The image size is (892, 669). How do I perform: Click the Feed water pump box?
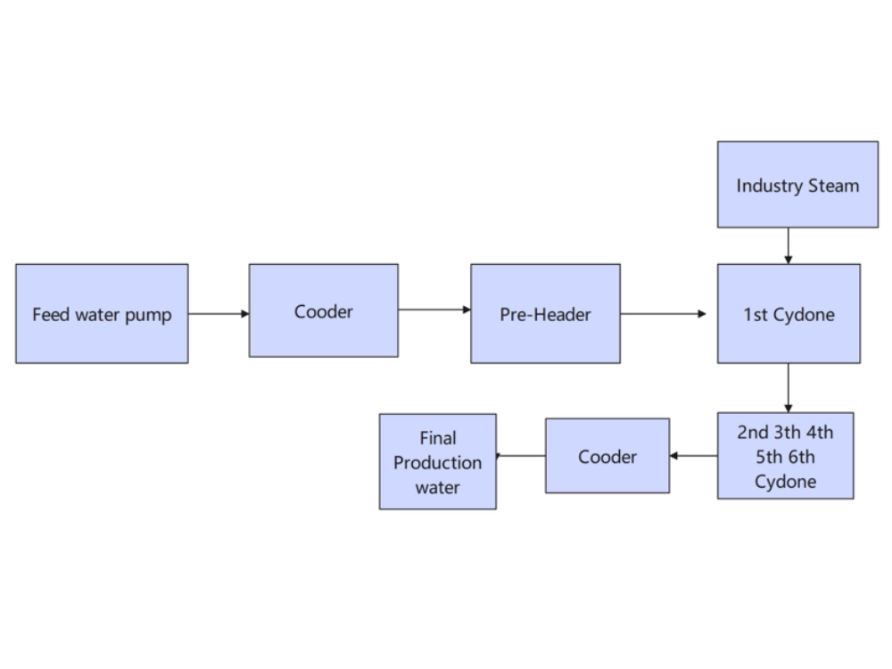coord(102,313)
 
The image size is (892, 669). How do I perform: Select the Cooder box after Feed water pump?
coord(323,310)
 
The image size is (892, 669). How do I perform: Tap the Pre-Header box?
coord(545,313)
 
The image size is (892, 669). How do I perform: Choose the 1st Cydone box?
coord(789,313)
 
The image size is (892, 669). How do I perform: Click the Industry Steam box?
coord(797,185)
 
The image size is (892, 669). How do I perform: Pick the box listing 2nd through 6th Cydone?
coord(785,456)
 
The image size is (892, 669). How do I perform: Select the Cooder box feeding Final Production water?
coord(607,456)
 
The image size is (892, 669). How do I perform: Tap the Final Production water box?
coord(437,461)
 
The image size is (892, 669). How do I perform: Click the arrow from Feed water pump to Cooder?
coord(219,313)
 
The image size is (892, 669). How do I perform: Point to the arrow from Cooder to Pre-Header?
coord(434,310)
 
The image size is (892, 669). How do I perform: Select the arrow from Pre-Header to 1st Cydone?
coord(664,313)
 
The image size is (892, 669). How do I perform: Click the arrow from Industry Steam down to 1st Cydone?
coord(788,245)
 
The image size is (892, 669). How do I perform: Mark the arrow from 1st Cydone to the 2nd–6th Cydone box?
coord(788,387)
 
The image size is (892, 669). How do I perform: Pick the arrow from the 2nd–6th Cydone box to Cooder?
coord(693,456)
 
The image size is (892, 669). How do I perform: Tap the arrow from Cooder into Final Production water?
coord(521,456)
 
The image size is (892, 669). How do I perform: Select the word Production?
coord(437,463)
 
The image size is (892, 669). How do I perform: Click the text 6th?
coord(799,458)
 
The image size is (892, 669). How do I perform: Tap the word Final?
coord(437,438)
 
